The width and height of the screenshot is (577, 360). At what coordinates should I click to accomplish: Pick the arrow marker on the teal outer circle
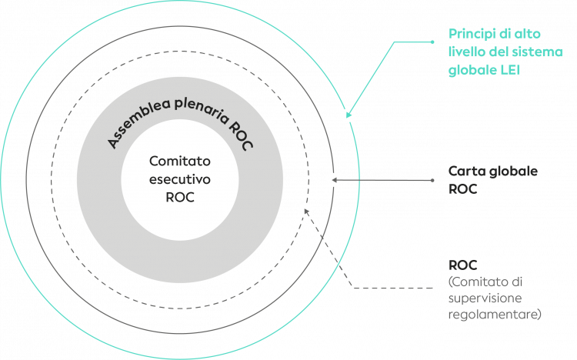[x=349, y=115]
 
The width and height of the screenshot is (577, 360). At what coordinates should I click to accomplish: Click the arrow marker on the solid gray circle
[x=333, y=180]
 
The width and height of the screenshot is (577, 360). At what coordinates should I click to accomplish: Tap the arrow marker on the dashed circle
[x=305, y=208]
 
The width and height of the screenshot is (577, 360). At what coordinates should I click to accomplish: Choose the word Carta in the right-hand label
[x=465, y=170]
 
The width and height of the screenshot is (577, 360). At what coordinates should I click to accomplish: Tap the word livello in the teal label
[x=466, y=52]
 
